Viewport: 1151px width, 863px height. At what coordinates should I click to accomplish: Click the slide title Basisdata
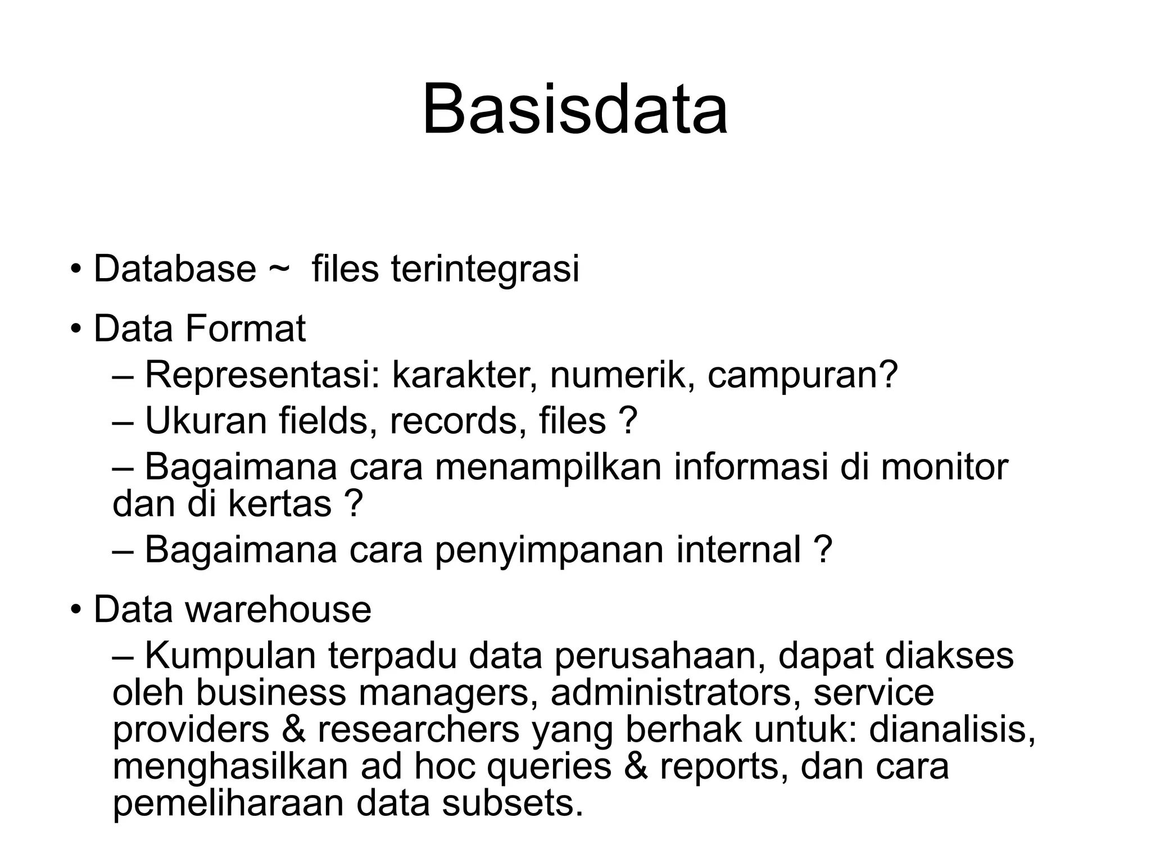(x=575, y=108)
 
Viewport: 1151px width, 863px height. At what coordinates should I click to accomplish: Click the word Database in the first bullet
(x=175, y=269)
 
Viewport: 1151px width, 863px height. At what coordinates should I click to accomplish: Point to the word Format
(x=246, y=329)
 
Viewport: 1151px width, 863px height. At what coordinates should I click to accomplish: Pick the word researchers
(x=419, y=729)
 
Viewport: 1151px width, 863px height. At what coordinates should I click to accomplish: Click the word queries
(x=549, y=767)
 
